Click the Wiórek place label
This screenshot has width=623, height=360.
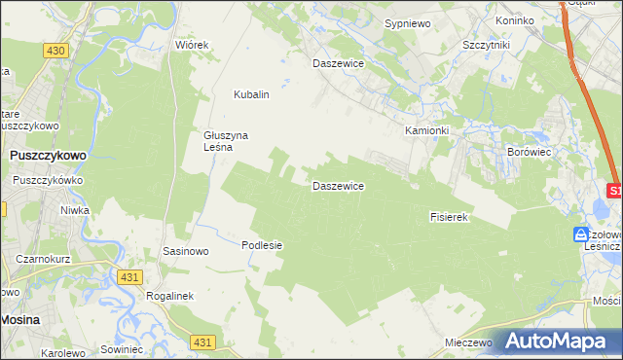tap(192, 46)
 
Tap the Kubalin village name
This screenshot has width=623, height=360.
tap(250, 95)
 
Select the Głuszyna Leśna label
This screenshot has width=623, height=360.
tap(228, 142)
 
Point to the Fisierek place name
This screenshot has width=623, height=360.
tap(450, 217)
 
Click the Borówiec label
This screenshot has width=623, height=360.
tap(530, 153)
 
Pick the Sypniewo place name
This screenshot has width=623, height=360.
tap(407, 21)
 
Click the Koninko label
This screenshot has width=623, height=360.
tap(515, 20)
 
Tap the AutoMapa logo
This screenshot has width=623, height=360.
tap(559, 341)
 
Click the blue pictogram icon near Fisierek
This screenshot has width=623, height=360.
tap(581, 234)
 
